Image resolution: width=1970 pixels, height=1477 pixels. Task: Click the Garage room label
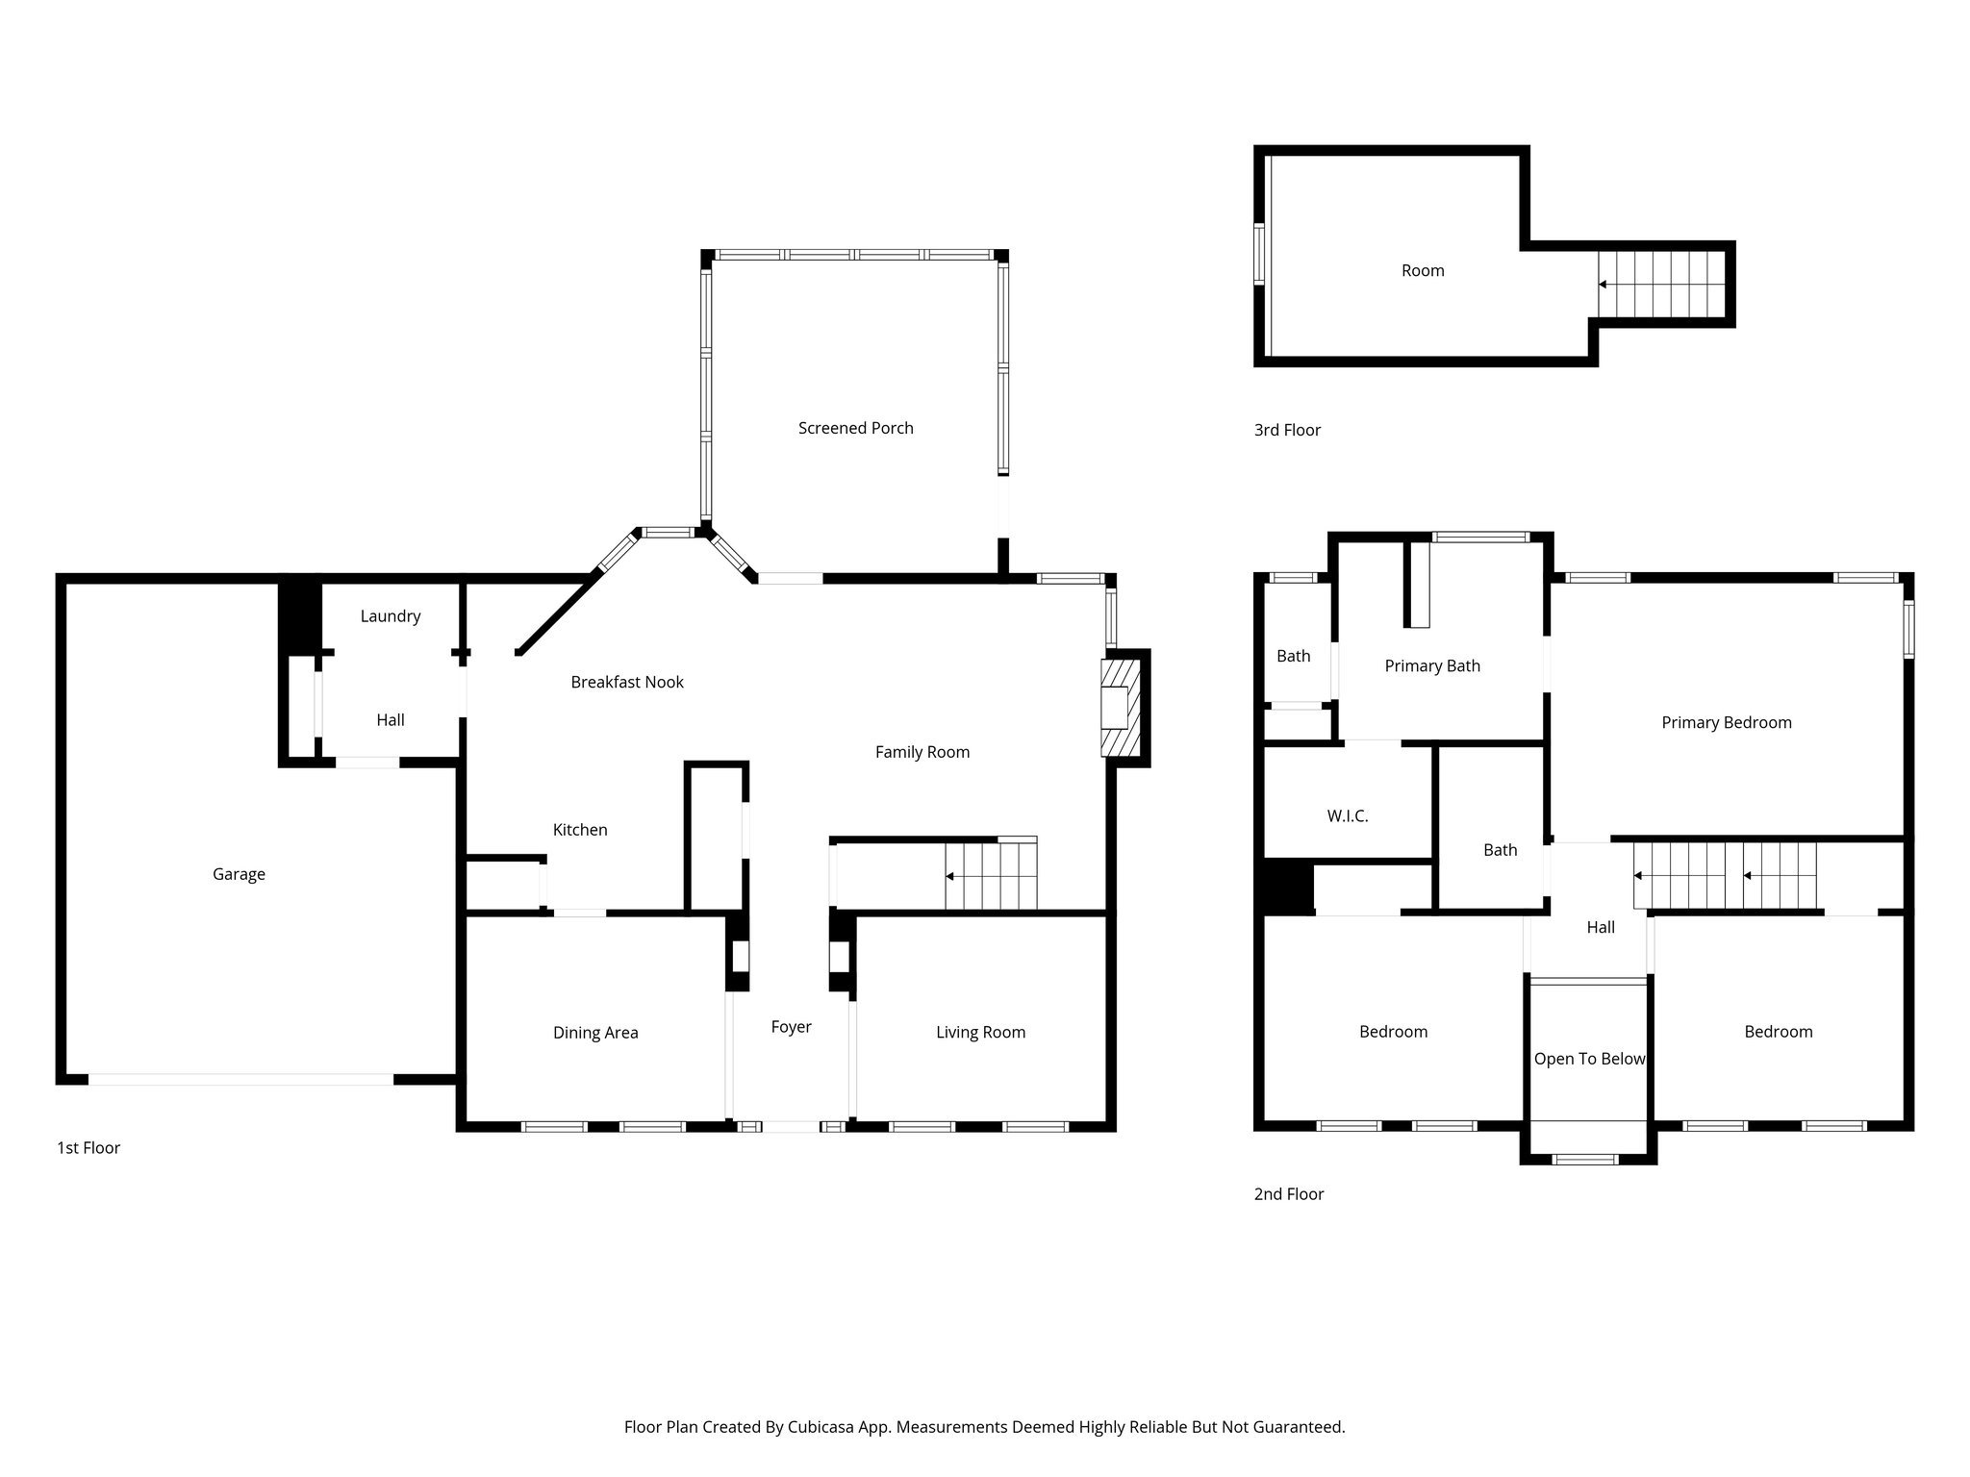click(239, 874)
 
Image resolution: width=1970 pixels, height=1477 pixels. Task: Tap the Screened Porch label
click(855, 428)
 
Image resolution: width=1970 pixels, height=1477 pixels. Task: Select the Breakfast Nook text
click(627, 682)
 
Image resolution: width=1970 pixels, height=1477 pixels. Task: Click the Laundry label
click(391, 616)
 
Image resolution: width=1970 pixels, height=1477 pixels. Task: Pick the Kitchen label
click(580, 830)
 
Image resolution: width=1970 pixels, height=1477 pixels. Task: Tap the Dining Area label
click(595, 1033)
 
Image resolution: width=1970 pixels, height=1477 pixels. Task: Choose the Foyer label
click(791, 1027)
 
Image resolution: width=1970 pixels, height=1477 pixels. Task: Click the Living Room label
click(980, 1033)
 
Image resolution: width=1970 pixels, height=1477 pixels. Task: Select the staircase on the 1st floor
click(991, 875)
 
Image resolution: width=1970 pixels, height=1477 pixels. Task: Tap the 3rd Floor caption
click(1287, 430)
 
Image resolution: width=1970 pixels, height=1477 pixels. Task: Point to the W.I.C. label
click(1347, 816)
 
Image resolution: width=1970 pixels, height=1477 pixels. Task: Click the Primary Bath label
click(1432, 666)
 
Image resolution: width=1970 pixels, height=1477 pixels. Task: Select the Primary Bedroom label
click(1726, 723)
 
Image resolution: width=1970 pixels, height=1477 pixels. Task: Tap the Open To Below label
click(1589, 1059)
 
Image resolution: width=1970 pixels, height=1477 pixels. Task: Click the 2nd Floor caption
click(1289, 1194)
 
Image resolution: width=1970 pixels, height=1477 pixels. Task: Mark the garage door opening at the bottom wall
click(240, 1080)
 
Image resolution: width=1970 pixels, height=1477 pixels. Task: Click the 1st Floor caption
click(88, 1148)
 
